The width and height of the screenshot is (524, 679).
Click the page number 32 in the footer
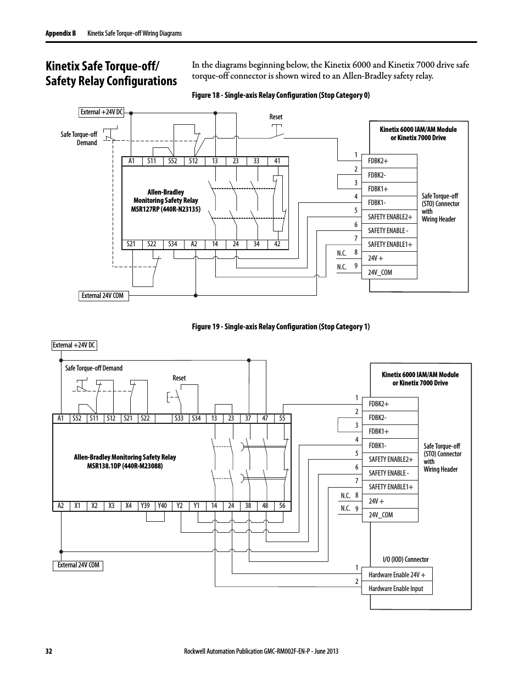tap(48, 651)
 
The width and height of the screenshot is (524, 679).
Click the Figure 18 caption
tap(281, 95)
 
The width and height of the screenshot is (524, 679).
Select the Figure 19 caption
tap(281, 327)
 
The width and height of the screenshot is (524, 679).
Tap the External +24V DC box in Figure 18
tap(102, 112)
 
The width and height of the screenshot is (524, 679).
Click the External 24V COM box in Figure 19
tap(79, 565)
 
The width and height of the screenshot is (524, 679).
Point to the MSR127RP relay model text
tap(166, 209)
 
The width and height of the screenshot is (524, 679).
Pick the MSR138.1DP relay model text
tap(125, 466)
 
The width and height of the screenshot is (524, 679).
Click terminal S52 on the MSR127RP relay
tap(173, 161)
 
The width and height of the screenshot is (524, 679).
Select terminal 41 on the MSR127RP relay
tap(277, 161)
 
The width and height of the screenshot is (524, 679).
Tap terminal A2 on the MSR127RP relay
tap(194, 244)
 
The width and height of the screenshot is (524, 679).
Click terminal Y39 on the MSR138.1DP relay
tap(145, 506)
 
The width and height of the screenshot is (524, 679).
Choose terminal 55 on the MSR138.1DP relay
tap(282, 418)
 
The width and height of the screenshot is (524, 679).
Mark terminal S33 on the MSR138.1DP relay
tap(179, 418)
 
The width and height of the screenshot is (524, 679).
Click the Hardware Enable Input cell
tap(396, 589)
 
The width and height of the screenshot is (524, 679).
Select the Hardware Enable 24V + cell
tap(397, 575)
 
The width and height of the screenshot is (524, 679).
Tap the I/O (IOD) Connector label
tap(405, 560)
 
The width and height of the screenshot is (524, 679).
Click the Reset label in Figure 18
tap(276, 117)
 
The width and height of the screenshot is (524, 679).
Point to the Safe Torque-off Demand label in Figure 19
tap(94, 368)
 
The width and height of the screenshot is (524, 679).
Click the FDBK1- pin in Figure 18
tap(377, 203)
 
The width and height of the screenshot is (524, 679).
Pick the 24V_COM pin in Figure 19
tap(381, 515)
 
